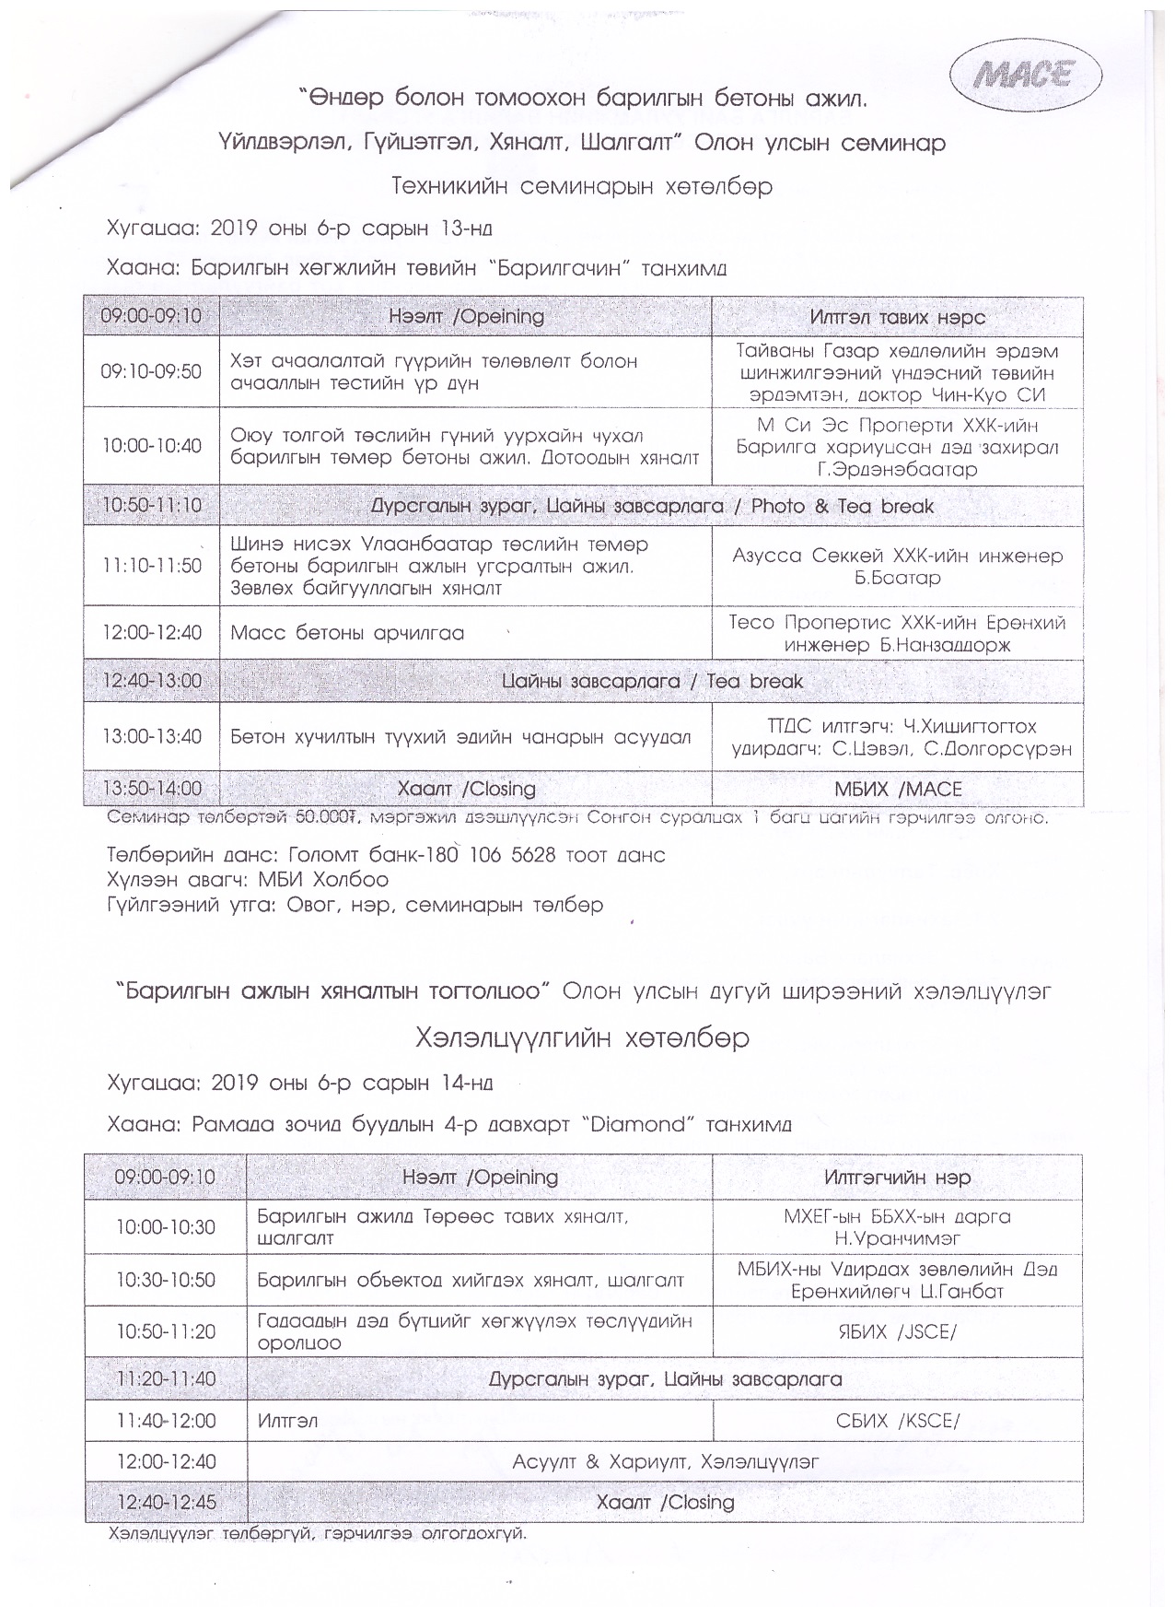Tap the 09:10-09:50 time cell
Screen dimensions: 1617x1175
[151, 371]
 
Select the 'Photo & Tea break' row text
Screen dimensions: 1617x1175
[652, 506]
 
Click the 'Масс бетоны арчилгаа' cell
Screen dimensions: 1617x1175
[347, 633]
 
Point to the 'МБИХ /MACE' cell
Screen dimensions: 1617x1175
[898, 789]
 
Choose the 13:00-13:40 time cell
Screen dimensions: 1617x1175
[151, 737]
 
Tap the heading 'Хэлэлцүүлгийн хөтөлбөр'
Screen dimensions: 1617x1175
[582, 1037]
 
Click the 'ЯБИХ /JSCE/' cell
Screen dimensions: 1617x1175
[896, 1331]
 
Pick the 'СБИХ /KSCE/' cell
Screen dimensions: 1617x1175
[898, 1421]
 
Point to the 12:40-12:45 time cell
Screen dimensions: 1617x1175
[166, 1502]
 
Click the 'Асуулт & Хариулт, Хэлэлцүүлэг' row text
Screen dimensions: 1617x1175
[665, 1461]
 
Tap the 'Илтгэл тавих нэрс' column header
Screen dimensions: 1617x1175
[898, 317]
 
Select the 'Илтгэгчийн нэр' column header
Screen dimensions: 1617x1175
[897, 1178]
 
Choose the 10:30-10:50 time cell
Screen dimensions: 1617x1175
[166, 1280]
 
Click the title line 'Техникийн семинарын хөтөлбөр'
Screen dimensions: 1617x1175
[582, 186]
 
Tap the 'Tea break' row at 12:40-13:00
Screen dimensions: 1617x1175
[652, 682]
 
